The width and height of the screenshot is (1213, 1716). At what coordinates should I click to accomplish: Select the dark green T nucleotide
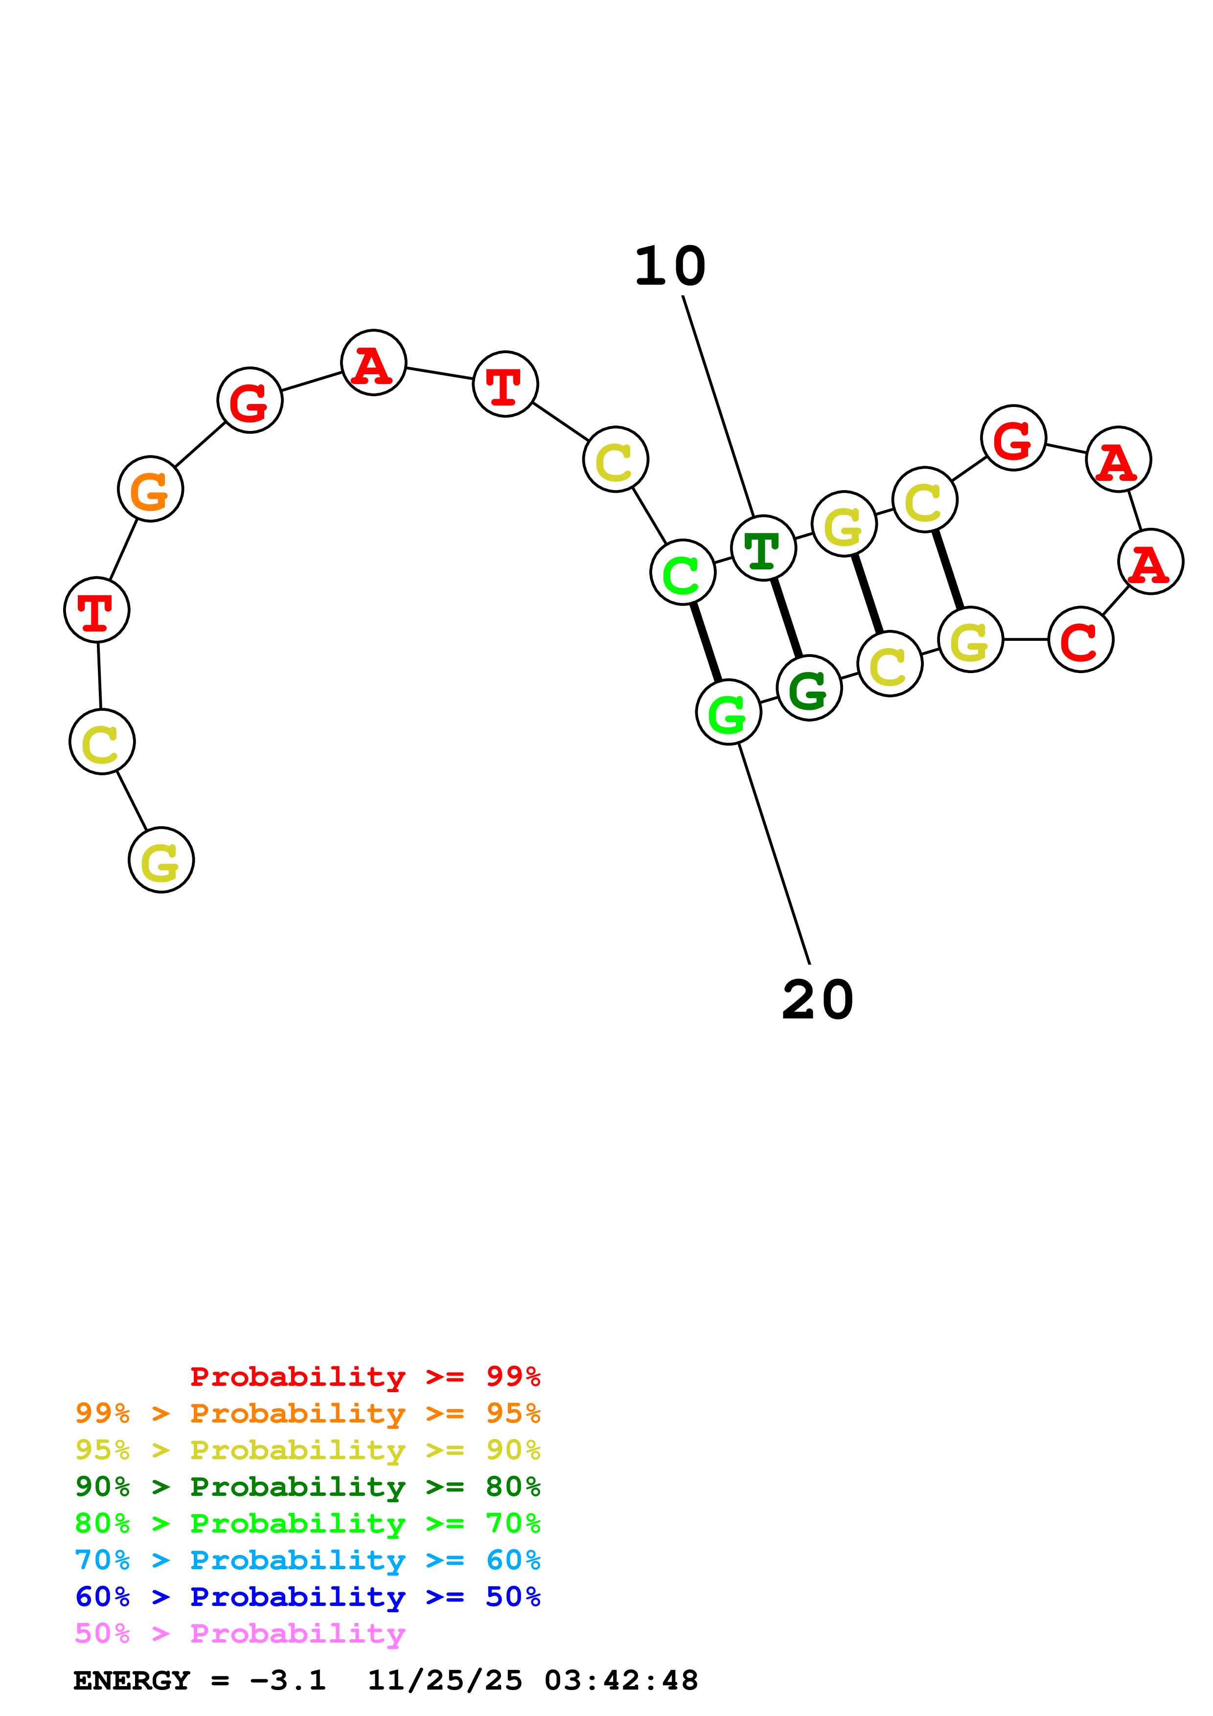(x=762, y=548)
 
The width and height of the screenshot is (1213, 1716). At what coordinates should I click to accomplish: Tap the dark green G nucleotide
(x=809, y=688)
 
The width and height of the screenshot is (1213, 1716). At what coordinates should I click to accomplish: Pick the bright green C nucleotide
(x=683, y=572)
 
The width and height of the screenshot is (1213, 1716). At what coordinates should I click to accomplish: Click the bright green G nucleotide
(x=728, y=712)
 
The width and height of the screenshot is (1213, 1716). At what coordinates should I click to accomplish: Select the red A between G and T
(x=373, y=363)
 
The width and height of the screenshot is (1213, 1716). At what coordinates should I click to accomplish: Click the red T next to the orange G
(x=96, y=610)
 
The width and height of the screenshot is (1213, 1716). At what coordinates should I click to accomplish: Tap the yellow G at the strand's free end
(x=160, y=860)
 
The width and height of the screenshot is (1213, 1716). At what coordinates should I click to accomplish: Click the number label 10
(x=670, y=267)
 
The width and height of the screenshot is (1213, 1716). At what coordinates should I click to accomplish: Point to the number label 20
(x=818, y=1000)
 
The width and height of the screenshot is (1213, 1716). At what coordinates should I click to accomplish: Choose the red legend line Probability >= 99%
(x=365, y=1376)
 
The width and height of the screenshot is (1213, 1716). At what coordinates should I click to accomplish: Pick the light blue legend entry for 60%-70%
(x=307, y=1560)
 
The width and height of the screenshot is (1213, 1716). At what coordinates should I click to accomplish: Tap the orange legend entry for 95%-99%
(x=307, y=1413)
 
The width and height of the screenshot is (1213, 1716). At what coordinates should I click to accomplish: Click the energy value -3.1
(x=288, y=1680)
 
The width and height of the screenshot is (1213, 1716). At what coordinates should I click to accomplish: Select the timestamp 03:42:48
(x=620, y=1680)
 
